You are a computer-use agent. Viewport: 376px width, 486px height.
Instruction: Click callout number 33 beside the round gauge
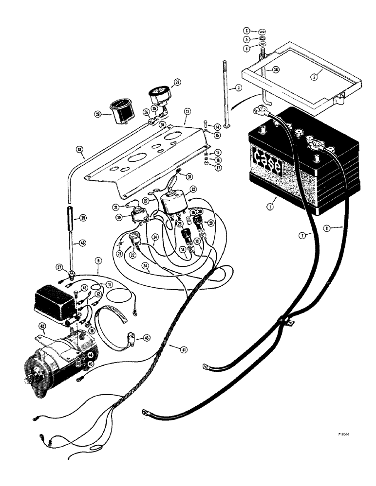pyautogui.click(x=176, y=83)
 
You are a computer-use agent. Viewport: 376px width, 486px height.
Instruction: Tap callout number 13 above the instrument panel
pyautogui.click(x=187, y=111)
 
